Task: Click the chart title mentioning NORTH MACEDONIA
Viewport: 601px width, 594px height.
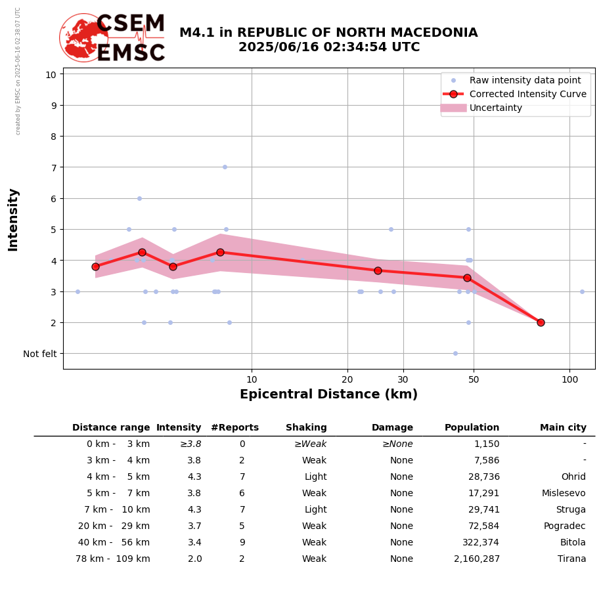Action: pos(328,40)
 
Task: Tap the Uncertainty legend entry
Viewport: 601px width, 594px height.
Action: pos(495,108)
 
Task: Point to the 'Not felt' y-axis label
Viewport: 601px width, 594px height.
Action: pos(39,354)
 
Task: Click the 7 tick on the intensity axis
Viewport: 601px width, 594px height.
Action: pos(51,167)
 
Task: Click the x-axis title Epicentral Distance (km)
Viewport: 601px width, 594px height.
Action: pos(328,394)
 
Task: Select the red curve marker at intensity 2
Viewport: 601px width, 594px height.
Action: pos(541,322)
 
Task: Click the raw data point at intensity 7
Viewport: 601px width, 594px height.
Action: pos(225,167)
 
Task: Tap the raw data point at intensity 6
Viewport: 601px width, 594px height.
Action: pos(139,198)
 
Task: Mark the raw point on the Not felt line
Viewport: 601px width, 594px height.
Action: pos(455,353)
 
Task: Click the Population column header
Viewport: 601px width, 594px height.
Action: pos(472,428)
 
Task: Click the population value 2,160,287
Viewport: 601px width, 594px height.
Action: pos(476,559)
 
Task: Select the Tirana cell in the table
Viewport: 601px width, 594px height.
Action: pos(573,559)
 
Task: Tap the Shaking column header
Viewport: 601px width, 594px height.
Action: pos(306,428)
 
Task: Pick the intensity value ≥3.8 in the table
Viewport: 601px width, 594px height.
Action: pos(190,444)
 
